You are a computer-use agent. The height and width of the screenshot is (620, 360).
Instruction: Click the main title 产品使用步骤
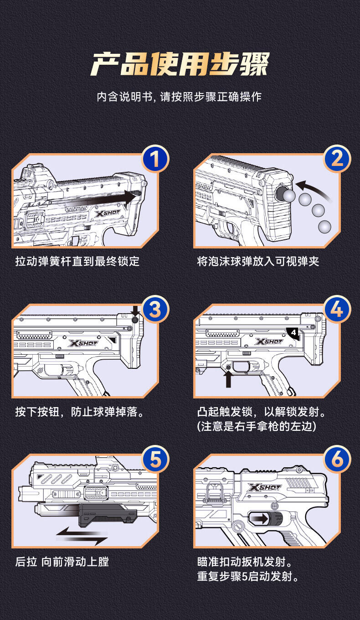[180, 64]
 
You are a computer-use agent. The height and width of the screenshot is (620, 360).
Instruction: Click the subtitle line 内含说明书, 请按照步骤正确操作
[180, 97]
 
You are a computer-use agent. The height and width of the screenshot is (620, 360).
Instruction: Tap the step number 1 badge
[155, 160]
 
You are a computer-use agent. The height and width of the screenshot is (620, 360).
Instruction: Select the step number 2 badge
[337, 160]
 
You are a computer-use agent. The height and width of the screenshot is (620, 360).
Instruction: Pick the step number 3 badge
[155, 310]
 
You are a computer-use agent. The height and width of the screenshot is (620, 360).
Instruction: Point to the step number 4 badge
[337, 310]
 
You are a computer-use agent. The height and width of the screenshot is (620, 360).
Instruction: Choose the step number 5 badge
[155, 460]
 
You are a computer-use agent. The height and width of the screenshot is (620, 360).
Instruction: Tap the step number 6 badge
[337, 460]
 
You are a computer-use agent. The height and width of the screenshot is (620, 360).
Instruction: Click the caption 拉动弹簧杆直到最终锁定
[77, 261]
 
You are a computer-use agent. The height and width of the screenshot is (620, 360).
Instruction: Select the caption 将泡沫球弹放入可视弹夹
[258, 261]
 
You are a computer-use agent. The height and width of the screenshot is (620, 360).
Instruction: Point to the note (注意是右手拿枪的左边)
[257, 427]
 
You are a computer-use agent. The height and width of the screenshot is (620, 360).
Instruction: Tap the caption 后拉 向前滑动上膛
[62, 562]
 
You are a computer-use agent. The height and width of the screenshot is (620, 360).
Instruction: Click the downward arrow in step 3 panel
[135, 312]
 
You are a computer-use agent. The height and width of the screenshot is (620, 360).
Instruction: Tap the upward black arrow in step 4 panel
[228, 378]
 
